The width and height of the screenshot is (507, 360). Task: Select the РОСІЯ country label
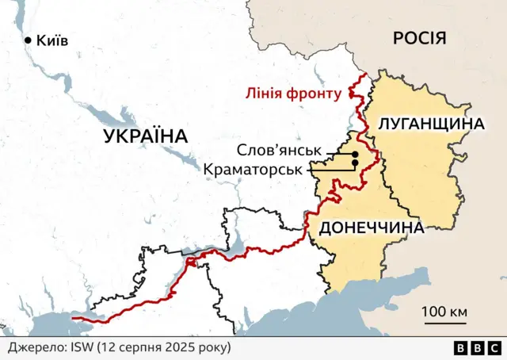pos(419,38)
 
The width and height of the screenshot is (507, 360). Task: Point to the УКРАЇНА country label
pos(146,136)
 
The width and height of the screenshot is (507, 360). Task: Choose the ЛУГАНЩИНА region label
pos(431,124)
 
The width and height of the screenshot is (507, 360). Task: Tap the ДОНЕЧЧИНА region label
pos(370,228)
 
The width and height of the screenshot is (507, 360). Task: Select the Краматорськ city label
pos(253,169)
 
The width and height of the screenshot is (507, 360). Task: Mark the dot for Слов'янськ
pos(356,154)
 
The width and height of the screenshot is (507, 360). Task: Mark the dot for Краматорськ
pos(354,163)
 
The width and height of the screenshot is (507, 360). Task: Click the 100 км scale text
pos(444,311)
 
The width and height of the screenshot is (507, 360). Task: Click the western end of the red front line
pos(73,319)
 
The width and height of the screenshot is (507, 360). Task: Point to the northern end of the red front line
pos(365,77)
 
